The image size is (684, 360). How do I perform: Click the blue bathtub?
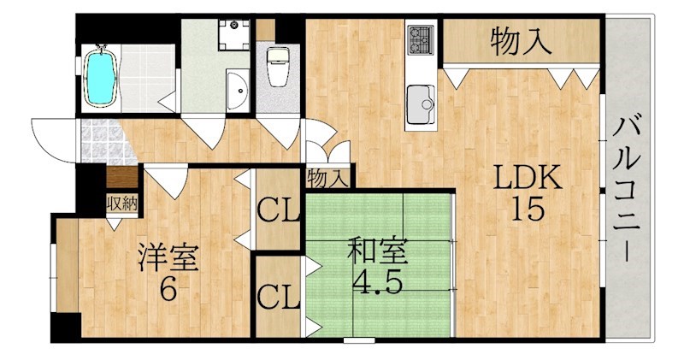[100, 76]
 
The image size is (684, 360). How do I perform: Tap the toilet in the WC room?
[278, 67]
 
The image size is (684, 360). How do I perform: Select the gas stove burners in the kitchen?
[421, 39]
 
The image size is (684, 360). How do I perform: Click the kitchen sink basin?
[421, 104]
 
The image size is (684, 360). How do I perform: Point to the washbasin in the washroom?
[238, 91]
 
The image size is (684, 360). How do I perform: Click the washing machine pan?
[233, 34]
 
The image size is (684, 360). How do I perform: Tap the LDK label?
[528, 178]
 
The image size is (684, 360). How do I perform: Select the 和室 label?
[377, 251]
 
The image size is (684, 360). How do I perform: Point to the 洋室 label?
[168, 257]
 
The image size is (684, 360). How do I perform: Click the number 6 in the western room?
[168, 289]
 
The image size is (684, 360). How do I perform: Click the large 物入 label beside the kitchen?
[521, 42]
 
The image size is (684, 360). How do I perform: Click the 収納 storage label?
[122, 204]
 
